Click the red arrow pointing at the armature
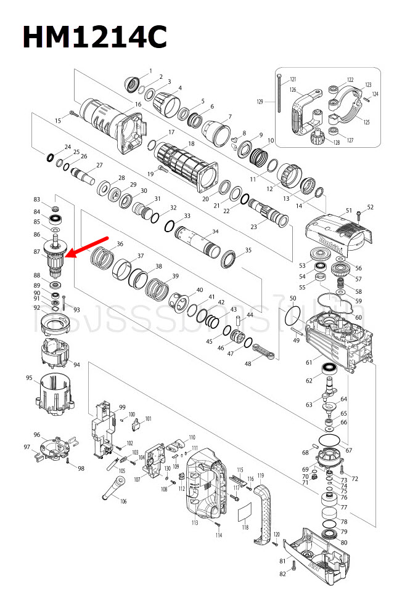(90, 246)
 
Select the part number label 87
(37, 251)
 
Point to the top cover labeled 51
(337, 227)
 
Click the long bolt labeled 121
(281, 92)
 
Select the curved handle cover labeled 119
(263, 511)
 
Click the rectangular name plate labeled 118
(246, 511)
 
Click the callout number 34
(215, 232)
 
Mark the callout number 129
(260, 101)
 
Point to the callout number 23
(253, 226)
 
